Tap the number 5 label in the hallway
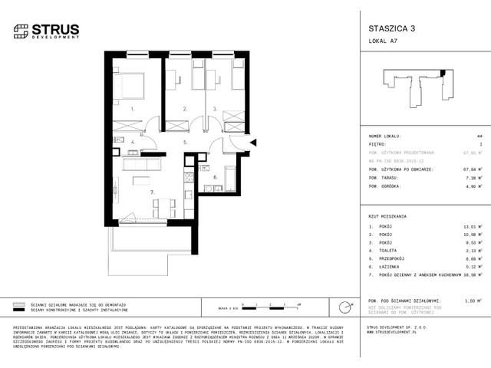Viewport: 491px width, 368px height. click(185, 142)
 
